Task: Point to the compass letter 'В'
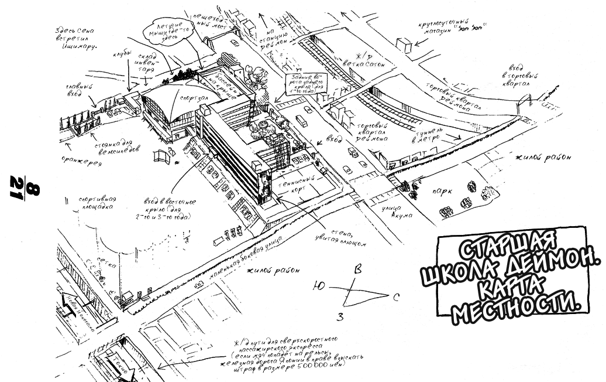coord(359,270)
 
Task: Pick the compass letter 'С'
coord(395,299)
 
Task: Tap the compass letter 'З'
coord(339,317)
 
